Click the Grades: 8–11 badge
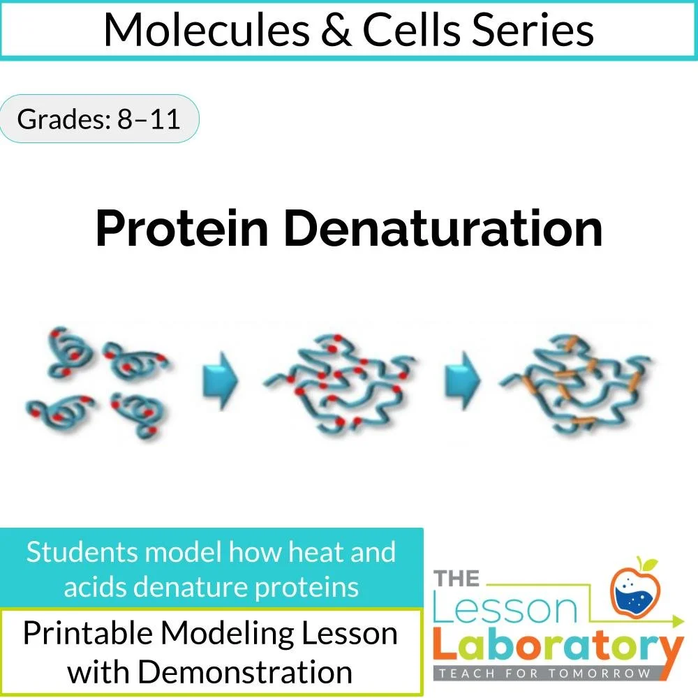tap(99, 119)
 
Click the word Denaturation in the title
tap(443, 228)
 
